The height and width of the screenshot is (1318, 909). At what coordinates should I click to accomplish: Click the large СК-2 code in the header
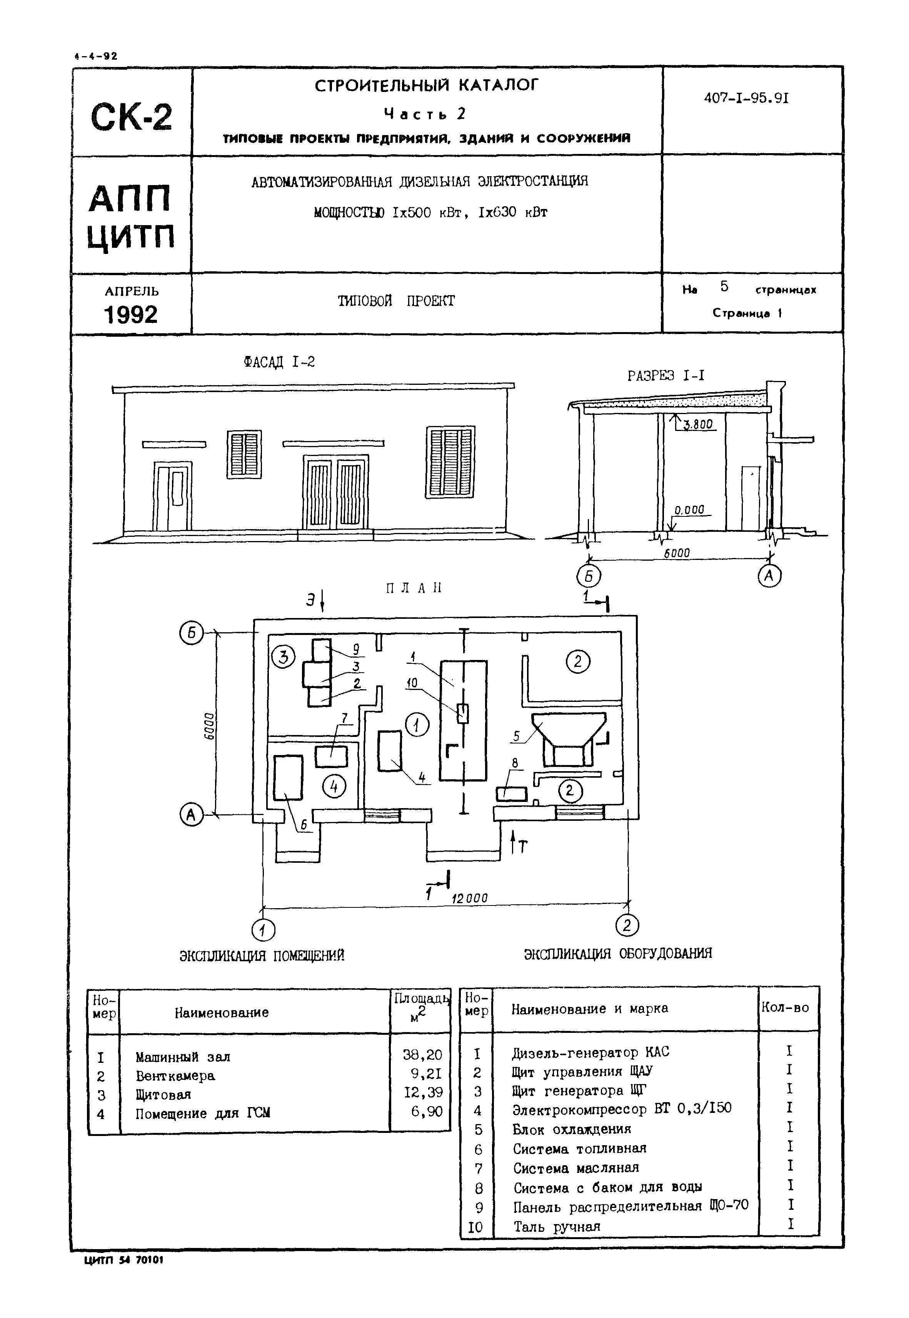pyautogui.click(x=131, y=117)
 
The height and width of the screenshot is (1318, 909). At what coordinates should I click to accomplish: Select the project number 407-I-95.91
pyautogui.click(x=746, y=98)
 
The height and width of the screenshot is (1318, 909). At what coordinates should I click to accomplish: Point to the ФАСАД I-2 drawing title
pyautogui.click(x=279, y=362)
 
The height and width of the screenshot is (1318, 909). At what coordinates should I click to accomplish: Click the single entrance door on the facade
pyautogui.click(x=172, y=496)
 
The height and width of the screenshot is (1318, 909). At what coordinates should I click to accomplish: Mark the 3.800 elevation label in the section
pyautogui.click(x=697, y=424)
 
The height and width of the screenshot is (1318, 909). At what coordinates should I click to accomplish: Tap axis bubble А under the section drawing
pyautogui.click(x=769, y=576)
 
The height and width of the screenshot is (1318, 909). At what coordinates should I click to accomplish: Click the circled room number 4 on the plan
pyautogui.click(x=334, y=787)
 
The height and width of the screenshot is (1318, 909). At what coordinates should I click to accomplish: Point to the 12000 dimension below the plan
pyautogui.click(x=469, y=898)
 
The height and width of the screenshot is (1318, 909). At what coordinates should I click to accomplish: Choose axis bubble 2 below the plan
pyautogui.click(x=627, y=925)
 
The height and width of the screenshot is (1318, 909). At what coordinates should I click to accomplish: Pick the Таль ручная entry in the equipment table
pyautogui.click(x=557, y=1226)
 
